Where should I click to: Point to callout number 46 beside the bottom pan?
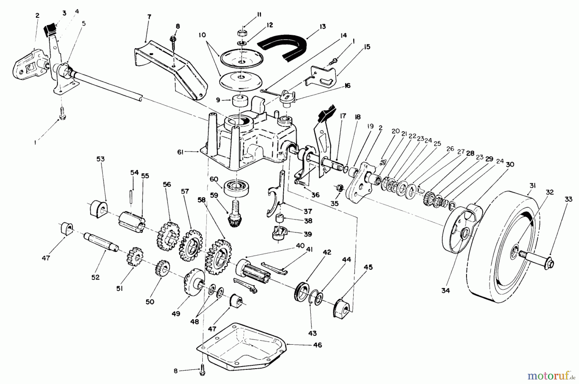[x=317, y=345]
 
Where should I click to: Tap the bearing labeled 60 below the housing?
[x=236, y=187]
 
